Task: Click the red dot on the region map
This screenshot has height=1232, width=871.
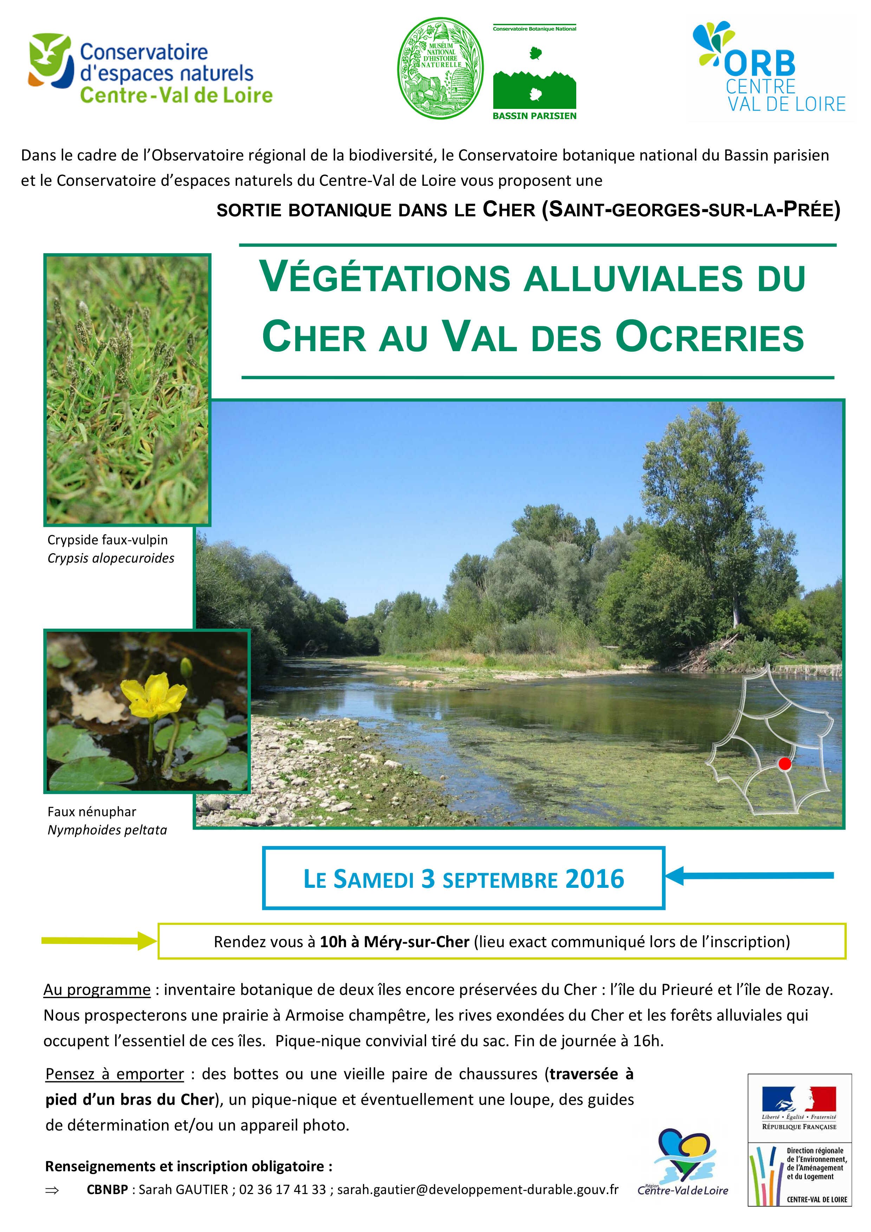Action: coord(784,764)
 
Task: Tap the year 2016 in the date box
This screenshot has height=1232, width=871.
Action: coord(594,879)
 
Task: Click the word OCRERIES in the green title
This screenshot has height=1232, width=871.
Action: coord(709,337)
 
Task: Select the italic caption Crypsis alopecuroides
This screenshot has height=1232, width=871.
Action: coord(111,558)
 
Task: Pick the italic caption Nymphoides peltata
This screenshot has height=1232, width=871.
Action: coord(107,830)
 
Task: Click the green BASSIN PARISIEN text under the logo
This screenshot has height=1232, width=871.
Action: coord(534,116)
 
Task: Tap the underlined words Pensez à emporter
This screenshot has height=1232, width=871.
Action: coord(115,1074)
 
